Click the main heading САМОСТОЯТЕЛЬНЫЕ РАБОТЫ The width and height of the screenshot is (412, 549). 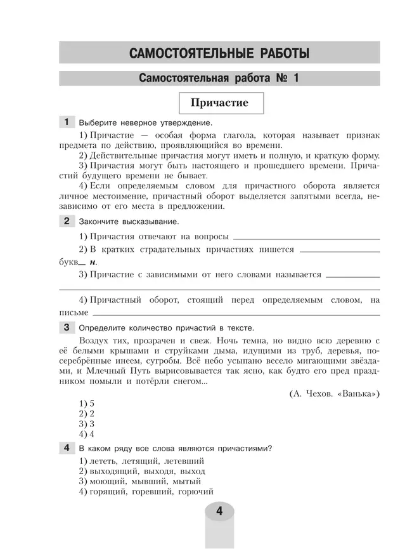219,53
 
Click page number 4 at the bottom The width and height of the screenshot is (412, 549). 219,512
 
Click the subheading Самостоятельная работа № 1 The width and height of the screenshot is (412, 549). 219,79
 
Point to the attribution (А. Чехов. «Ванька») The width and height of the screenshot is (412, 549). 334,394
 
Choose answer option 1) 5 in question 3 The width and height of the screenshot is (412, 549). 87,404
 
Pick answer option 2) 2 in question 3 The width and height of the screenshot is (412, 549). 87,414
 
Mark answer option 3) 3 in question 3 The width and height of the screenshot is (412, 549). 87,424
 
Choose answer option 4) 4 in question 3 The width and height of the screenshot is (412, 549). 87,434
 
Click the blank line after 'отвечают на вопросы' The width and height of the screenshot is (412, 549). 307,238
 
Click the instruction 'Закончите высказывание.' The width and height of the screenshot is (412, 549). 129,222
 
